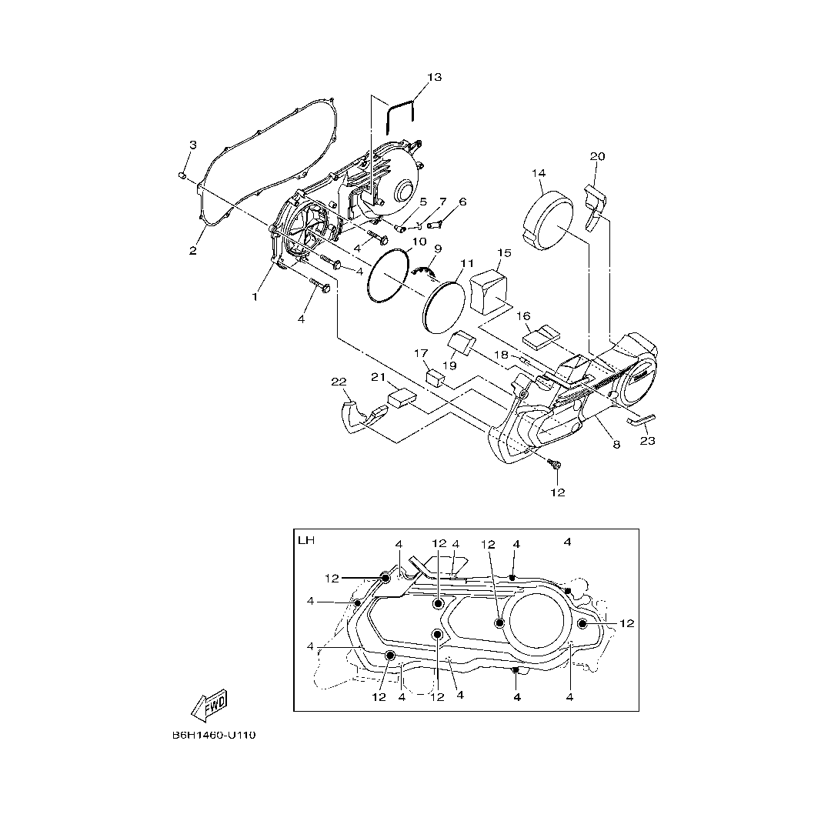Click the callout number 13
click(x=434, y=78)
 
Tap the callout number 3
click(x=193, y=145)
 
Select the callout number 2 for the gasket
click(x=193, y=250)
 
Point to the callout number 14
click(x=539, y=173)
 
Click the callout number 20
click(x=597, y=156)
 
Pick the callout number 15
click(x=504, y=253)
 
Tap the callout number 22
click(x=339, y=382)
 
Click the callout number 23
click(x=648, y=440)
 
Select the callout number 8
click(x=616, y=445)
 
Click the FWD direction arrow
click(x=210, y=706)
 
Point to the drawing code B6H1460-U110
click(x=214, y=735)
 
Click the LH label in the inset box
click(x=305, y=541)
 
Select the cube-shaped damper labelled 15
click(x=489, y=292)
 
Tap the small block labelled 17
click(x=435, y=378)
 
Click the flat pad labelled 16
click(x=542, y=338)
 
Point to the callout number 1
click(x=255, y=297)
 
